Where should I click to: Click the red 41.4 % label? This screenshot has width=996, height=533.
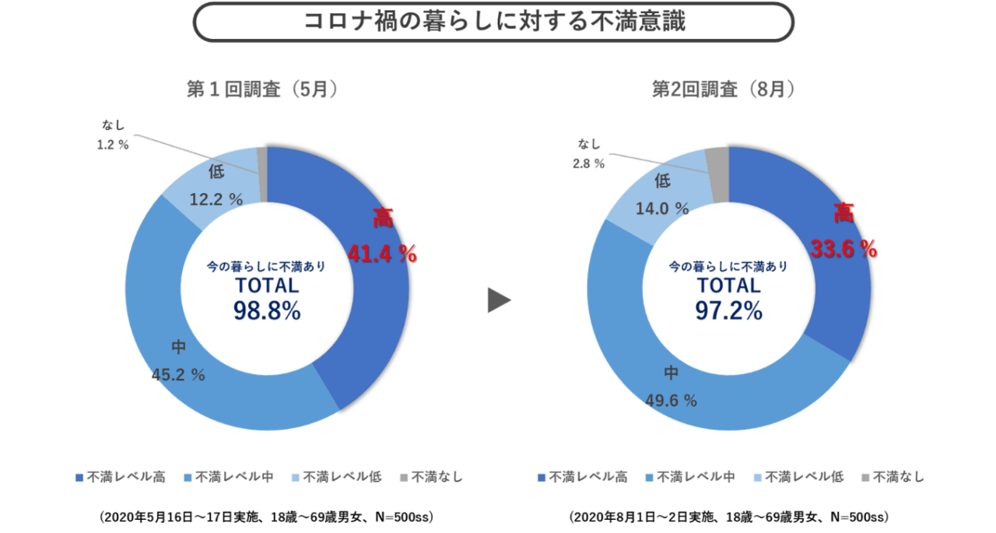[382, 253]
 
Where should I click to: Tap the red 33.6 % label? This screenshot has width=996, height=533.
[843, 249]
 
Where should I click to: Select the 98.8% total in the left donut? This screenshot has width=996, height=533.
[266, 311]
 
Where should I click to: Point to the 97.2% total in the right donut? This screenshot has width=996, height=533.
[728, 311]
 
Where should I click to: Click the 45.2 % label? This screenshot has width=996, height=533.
[178, 375]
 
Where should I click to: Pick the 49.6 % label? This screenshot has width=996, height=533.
[671, 401]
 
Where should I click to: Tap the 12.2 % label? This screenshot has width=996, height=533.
[216, 199]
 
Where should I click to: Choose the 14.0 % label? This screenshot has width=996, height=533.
[662, 209]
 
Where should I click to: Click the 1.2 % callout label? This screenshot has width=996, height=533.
[114, 145]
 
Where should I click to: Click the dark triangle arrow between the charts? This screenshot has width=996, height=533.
[499, 300]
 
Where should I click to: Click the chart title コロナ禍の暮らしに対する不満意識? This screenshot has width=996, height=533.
[494, 21]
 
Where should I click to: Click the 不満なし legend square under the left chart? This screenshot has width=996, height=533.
[402, 477]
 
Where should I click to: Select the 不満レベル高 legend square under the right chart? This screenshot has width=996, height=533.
[541, 477]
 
